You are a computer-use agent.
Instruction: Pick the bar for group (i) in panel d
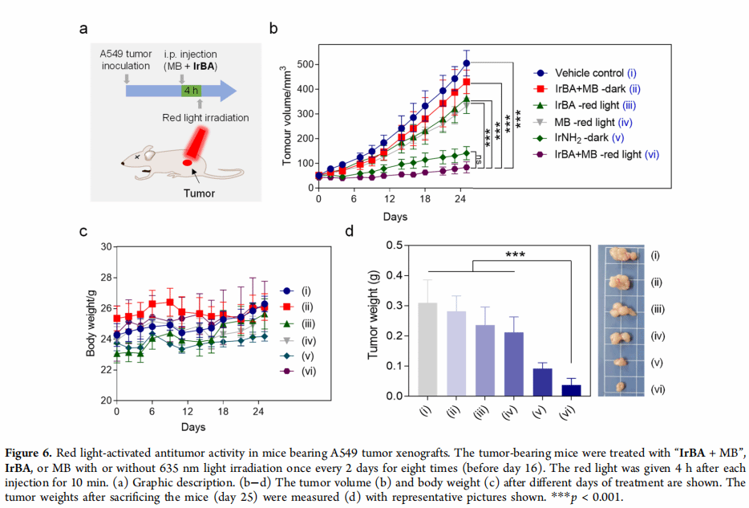tap(428, 349)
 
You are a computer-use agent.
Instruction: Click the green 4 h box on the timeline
tap(192, 90)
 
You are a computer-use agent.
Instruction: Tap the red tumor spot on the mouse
tap(187, 162)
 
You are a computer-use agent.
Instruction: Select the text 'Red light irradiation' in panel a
tap(205, 118)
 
